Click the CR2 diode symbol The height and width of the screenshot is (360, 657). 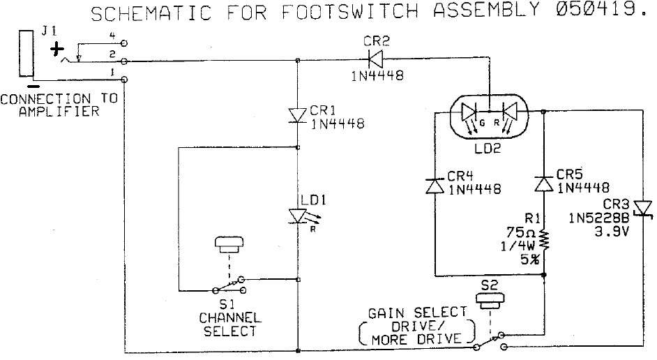tap(370, 61)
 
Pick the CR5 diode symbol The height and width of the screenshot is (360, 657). tap(543, 183)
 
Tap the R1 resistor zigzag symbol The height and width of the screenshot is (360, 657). tap(543, 239)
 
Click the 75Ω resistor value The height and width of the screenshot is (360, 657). tap(522, 233)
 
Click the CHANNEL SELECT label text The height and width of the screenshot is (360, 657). tap(229, 324)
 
